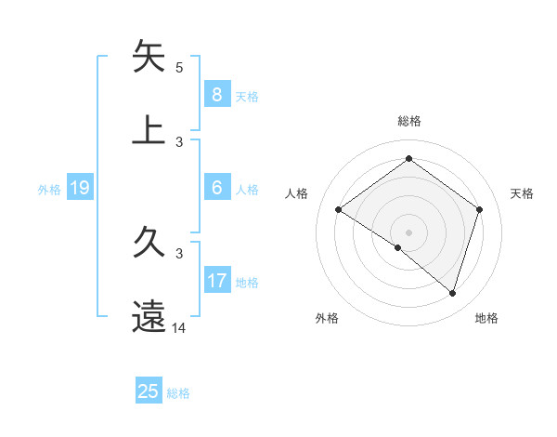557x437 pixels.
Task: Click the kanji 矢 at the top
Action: [x=149, y=57]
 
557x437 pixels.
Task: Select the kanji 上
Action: [x=149, y=130]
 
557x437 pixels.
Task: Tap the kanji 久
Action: [x=149, y=245]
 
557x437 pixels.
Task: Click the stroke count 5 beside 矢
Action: [x=179, y=68]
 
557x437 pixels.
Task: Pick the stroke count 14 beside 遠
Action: [x=179, y=328]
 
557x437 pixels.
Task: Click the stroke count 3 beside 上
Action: [x=179, y=142]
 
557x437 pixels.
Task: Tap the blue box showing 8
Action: [x=216, y=94]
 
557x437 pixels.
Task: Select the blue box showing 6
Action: [x=216, y=188]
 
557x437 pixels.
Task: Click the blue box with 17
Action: [x=216, y=281]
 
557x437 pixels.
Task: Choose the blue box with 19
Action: [x=79, y=188]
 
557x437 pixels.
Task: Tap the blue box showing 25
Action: [x=149, y=391]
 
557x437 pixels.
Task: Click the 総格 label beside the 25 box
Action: [x=178, y=393]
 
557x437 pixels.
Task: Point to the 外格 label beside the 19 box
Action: [x=49, y=190]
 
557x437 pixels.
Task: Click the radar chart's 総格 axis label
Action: [x=409, y=121]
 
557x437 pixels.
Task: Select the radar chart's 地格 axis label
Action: [x=486, y=318]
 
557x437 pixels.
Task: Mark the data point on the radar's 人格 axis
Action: [x=339, y=210]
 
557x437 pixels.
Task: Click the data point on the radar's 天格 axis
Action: [x=479, y=210]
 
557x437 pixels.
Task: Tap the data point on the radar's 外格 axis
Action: [x=398, y=247]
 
